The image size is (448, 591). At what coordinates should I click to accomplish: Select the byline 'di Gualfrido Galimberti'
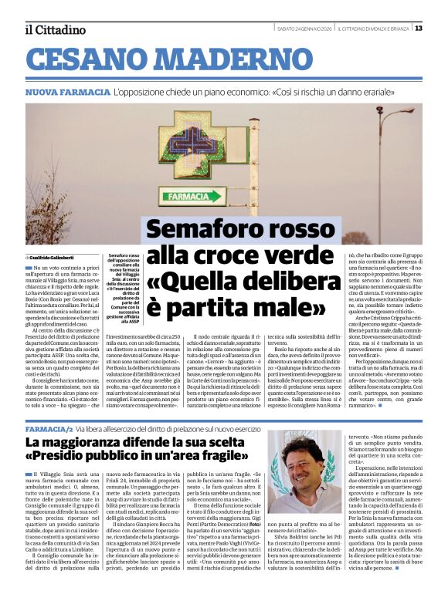pos(51,257)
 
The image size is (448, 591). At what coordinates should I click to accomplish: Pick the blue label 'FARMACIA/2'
pos(49,427)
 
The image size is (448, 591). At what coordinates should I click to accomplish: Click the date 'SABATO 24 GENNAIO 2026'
pos(304,29)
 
